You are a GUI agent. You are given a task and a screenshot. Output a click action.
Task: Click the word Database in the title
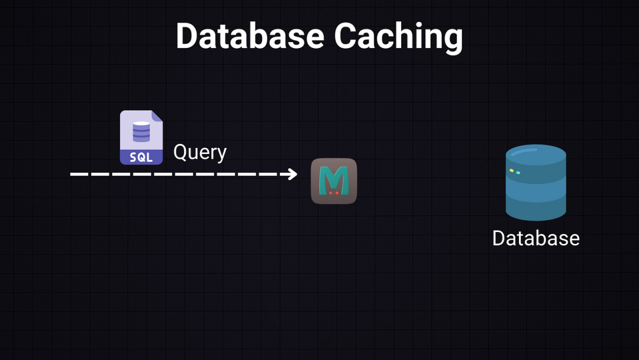pos(250,36)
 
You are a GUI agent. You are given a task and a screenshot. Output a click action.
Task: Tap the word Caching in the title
pos(398,37)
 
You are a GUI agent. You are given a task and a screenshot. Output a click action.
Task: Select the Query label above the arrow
pos(199,152)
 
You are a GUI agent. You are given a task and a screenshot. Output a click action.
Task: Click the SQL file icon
pos(141,137)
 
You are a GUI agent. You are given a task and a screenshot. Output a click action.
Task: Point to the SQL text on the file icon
pos(141,157)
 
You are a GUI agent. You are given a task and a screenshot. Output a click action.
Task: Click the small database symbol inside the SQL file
pos(141,131)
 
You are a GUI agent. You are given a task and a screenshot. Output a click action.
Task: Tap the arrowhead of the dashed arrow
pos(292,174)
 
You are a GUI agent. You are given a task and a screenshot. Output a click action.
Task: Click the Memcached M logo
pos(334,181)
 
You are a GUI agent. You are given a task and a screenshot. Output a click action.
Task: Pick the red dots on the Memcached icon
pos(334,192)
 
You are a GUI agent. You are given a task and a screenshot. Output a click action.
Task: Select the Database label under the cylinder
pos(535,238)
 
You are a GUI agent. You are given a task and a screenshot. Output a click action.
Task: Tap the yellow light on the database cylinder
pos(512,171)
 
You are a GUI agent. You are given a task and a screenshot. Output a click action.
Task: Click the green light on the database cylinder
pos(518,173)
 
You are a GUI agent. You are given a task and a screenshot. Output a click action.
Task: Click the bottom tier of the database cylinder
pos(535,207)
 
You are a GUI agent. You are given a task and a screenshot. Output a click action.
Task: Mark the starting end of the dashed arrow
pos(72,174)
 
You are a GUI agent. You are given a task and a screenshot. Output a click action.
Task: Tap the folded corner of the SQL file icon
pos(157,116)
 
